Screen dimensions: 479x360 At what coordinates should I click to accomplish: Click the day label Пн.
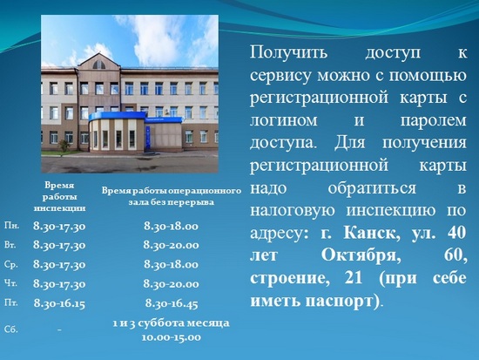(x=11, y=226)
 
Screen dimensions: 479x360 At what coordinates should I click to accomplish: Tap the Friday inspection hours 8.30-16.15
(x=59, y=303)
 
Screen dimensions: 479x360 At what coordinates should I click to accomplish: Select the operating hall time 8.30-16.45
(x=172, y=303)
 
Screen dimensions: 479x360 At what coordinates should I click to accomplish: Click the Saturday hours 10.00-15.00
(x=171, y=337)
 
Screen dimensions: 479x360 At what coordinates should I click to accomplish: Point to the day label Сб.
(x=11, y=329)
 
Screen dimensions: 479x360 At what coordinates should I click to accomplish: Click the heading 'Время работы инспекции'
(x=59, y=197)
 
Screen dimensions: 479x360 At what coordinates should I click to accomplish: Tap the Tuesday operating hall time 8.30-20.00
(x=171, y=245)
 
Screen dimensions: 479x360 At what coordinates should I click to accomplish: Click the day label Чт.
(x=10, y=283)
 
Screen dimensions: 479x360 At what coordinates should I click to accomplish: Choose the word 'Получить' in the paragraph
(x=288, y=52)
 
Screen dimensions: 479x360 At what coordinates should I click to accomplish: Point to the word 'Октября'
(x=361, y=255)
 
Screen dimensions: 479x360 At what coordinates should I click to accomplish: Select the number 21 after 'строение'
(x=354, y=278)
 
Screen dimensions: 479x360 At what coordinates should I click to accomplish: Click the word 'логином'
(x=284, y=120)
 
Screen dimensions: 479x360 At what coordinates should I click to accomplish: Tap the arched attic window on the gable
(x=98, y=65)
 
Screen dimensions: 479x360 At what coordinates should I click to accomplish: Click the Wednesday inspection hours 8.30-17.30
(x=59, y=264)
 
